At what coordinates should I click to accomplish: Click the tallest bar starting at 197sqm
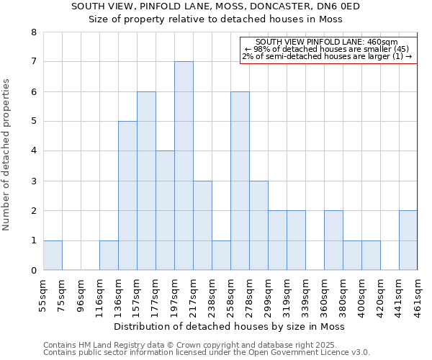click(184, 166)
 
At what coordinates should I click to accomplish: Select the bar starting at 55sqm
click(53, 255)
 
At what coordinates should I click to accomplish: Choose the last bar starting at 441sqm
click(408, 240)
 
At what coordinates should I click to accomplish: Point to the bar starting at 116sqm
click(109, 255)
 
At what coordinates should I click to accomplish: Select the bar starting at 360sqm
click(333, 240)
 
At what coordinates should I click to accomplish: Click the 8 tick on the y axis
click(33, 32)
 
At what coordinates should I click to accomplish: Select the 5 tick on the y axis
click(33, 122)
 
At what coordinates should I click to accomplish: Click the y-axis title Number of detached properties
click(7, 156)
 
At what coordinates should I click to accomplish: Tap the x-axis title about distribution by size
click(230, 327)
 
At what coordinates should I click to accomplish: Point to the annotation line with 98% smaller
click(327, 49)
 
